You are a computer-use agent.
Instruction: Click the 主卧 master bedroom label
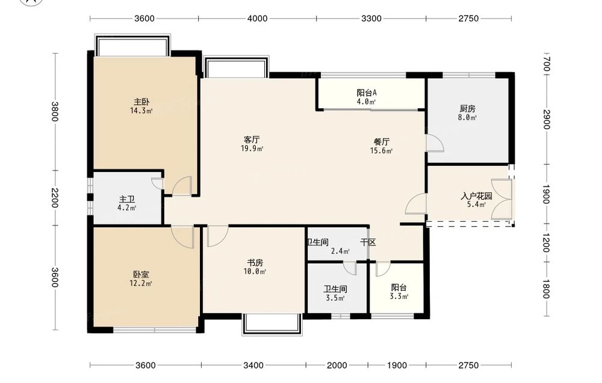[x=141, y=102]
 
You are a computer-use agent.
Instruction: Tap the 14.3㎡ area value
[x=141, y=111]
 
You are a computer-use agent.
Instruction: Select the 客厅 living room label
[x=252, y=139]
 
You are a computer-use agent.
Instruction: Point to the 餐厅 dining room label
[x=382, y=142]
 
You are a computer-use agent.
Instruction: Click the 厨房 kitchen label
[x=467, y=109]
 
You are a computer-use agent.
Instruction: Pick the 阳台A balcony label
[x=367, y=93]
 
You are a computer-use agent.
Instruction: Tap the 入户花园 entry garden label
[x=476, y=196]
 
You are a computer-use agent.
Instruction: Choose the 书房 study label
[x=255, y=263]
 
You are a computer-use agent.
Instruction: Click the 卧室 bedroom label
[x=141, y=275]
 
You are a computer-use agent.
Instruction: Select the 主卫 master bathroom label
[x=126, y=200]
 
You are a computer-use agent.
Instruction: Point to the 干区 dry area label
[x=368, y=242]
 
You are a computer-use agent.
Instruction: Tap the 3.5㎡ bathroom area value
[x=335, y=298]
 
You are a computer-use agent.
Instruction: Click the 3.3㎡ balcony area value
[x=399, y=296]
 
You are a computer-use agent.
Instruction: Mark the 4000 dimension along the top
[x=257, y=19]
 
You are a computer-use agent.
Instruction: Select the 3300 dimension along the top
[x=371, y=19]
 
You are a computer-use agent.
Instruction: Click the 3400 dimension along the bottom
[x=253, y=365]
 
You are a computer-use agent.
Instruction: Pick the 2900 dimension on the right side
[x=547, y=120]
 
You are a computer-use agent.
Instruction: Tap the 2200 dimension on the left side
[x=55, y=198]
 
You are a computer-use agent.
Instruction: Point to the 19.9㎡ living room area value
[x=252, y=149]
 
